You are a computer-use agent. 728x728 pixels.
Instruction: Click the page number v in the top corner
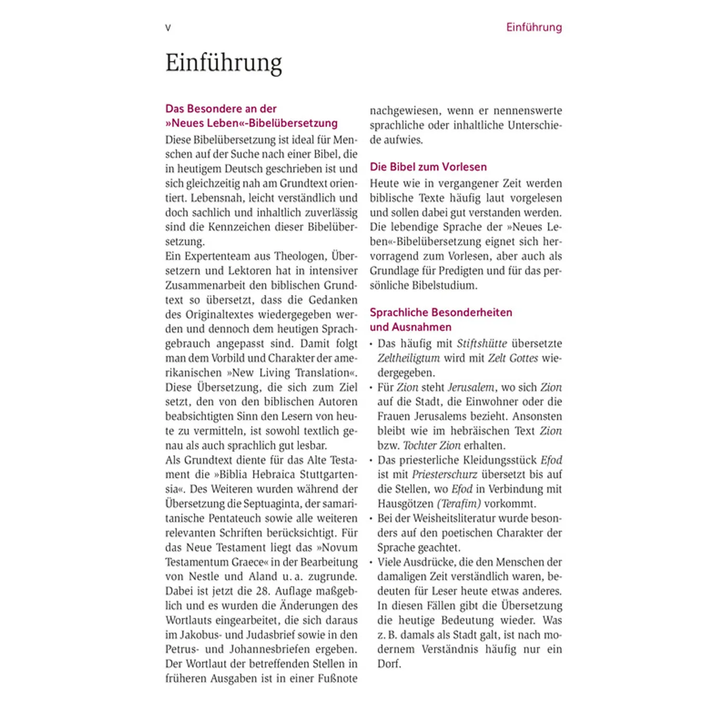[168, 28]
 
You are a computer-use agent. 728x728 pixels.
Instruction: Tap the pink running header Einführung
[534, 27]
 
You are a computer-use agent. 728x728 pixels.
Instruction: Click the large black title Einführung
[224, 63]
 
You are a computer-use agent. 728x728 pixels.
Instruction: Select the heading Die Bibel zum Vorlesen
[428, 167]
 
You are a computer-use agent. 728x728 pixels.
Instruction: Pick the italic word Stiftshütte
[482, 344]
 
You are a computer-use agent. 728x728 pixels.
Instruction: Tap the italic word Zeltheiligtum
[408, 358]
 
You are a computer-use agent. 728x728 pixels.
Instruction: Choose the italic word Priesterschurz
[444, 475]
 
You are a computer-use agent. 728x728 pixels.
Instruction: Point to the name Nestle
[204, 577]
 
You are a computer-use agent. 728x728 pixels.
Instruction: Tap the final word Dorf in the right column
[389, 664]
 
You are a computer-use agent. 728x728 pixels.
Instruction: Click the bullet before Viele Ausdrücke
[371, 563]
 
